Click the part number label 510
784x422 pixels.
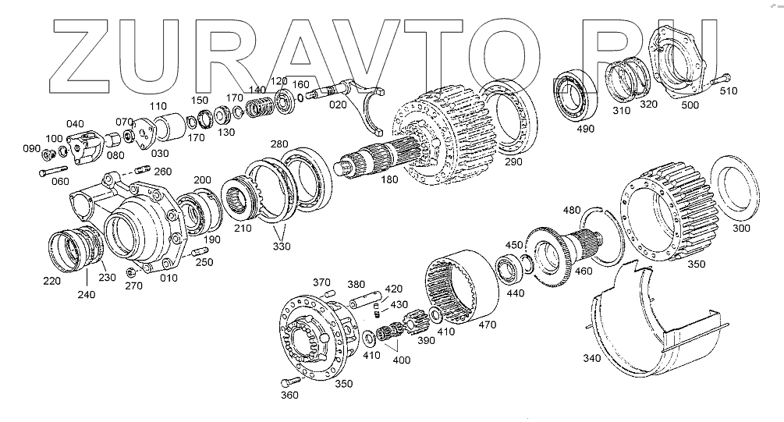pyautogui.click(x=727, y=91)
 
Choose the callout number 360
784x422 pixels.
pyautogui.click(x=290, y=395)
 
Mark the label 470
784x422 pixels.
pyautogui.click(x=487, y=323)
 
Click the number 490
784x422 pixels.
pyautogui.click(x=585, y=129)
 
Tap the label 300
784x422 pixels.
pyautogui.click(x=741, y=228)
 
